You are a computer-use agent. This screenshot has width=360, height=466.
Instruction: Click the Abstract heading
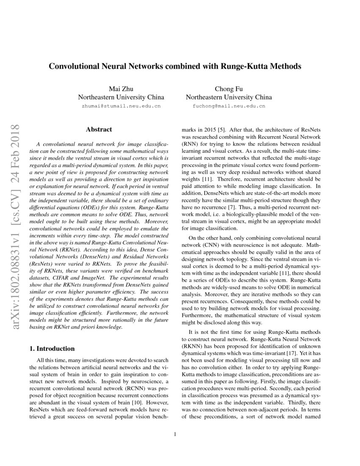99,129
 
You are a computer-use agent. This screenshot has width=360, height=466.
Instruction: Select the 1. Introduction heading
51,349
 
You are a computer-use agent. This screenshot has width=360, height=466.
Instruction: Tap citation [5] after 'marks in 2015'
222,129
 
